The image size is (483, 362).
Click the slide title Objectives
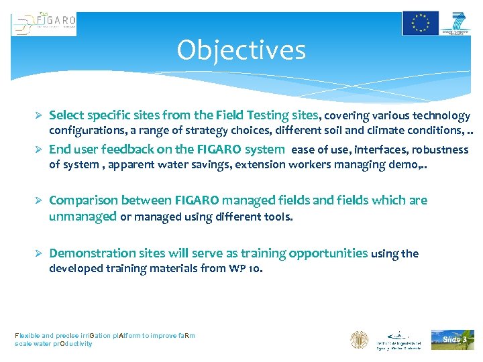pos(241,50)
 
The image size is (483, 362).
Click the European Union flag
pos(421,23)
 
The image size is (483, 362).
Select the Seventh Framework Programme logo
pos(458,23)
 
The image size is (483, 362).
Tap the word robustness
pos(440,149)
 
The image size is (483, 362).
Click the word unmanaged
pos(83,216)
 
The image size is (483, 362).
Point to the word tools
pos(280,217)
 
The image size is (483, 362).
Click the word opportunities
pos(328,253)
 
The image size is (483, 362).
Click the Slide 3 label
pos(453,339)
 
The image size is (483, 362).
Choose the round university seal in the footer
pos(360,339)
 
